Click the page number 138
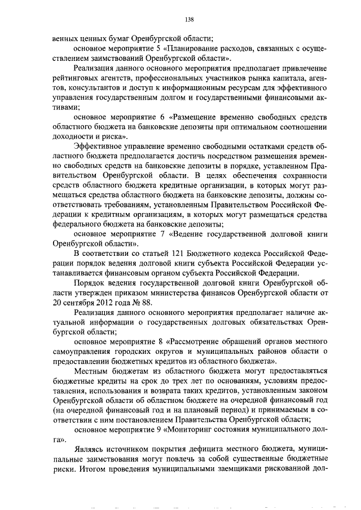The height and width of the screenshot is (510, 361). click(190, 19)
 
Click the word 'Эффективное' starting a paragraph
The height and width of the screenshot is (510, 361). click(99, 147)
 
